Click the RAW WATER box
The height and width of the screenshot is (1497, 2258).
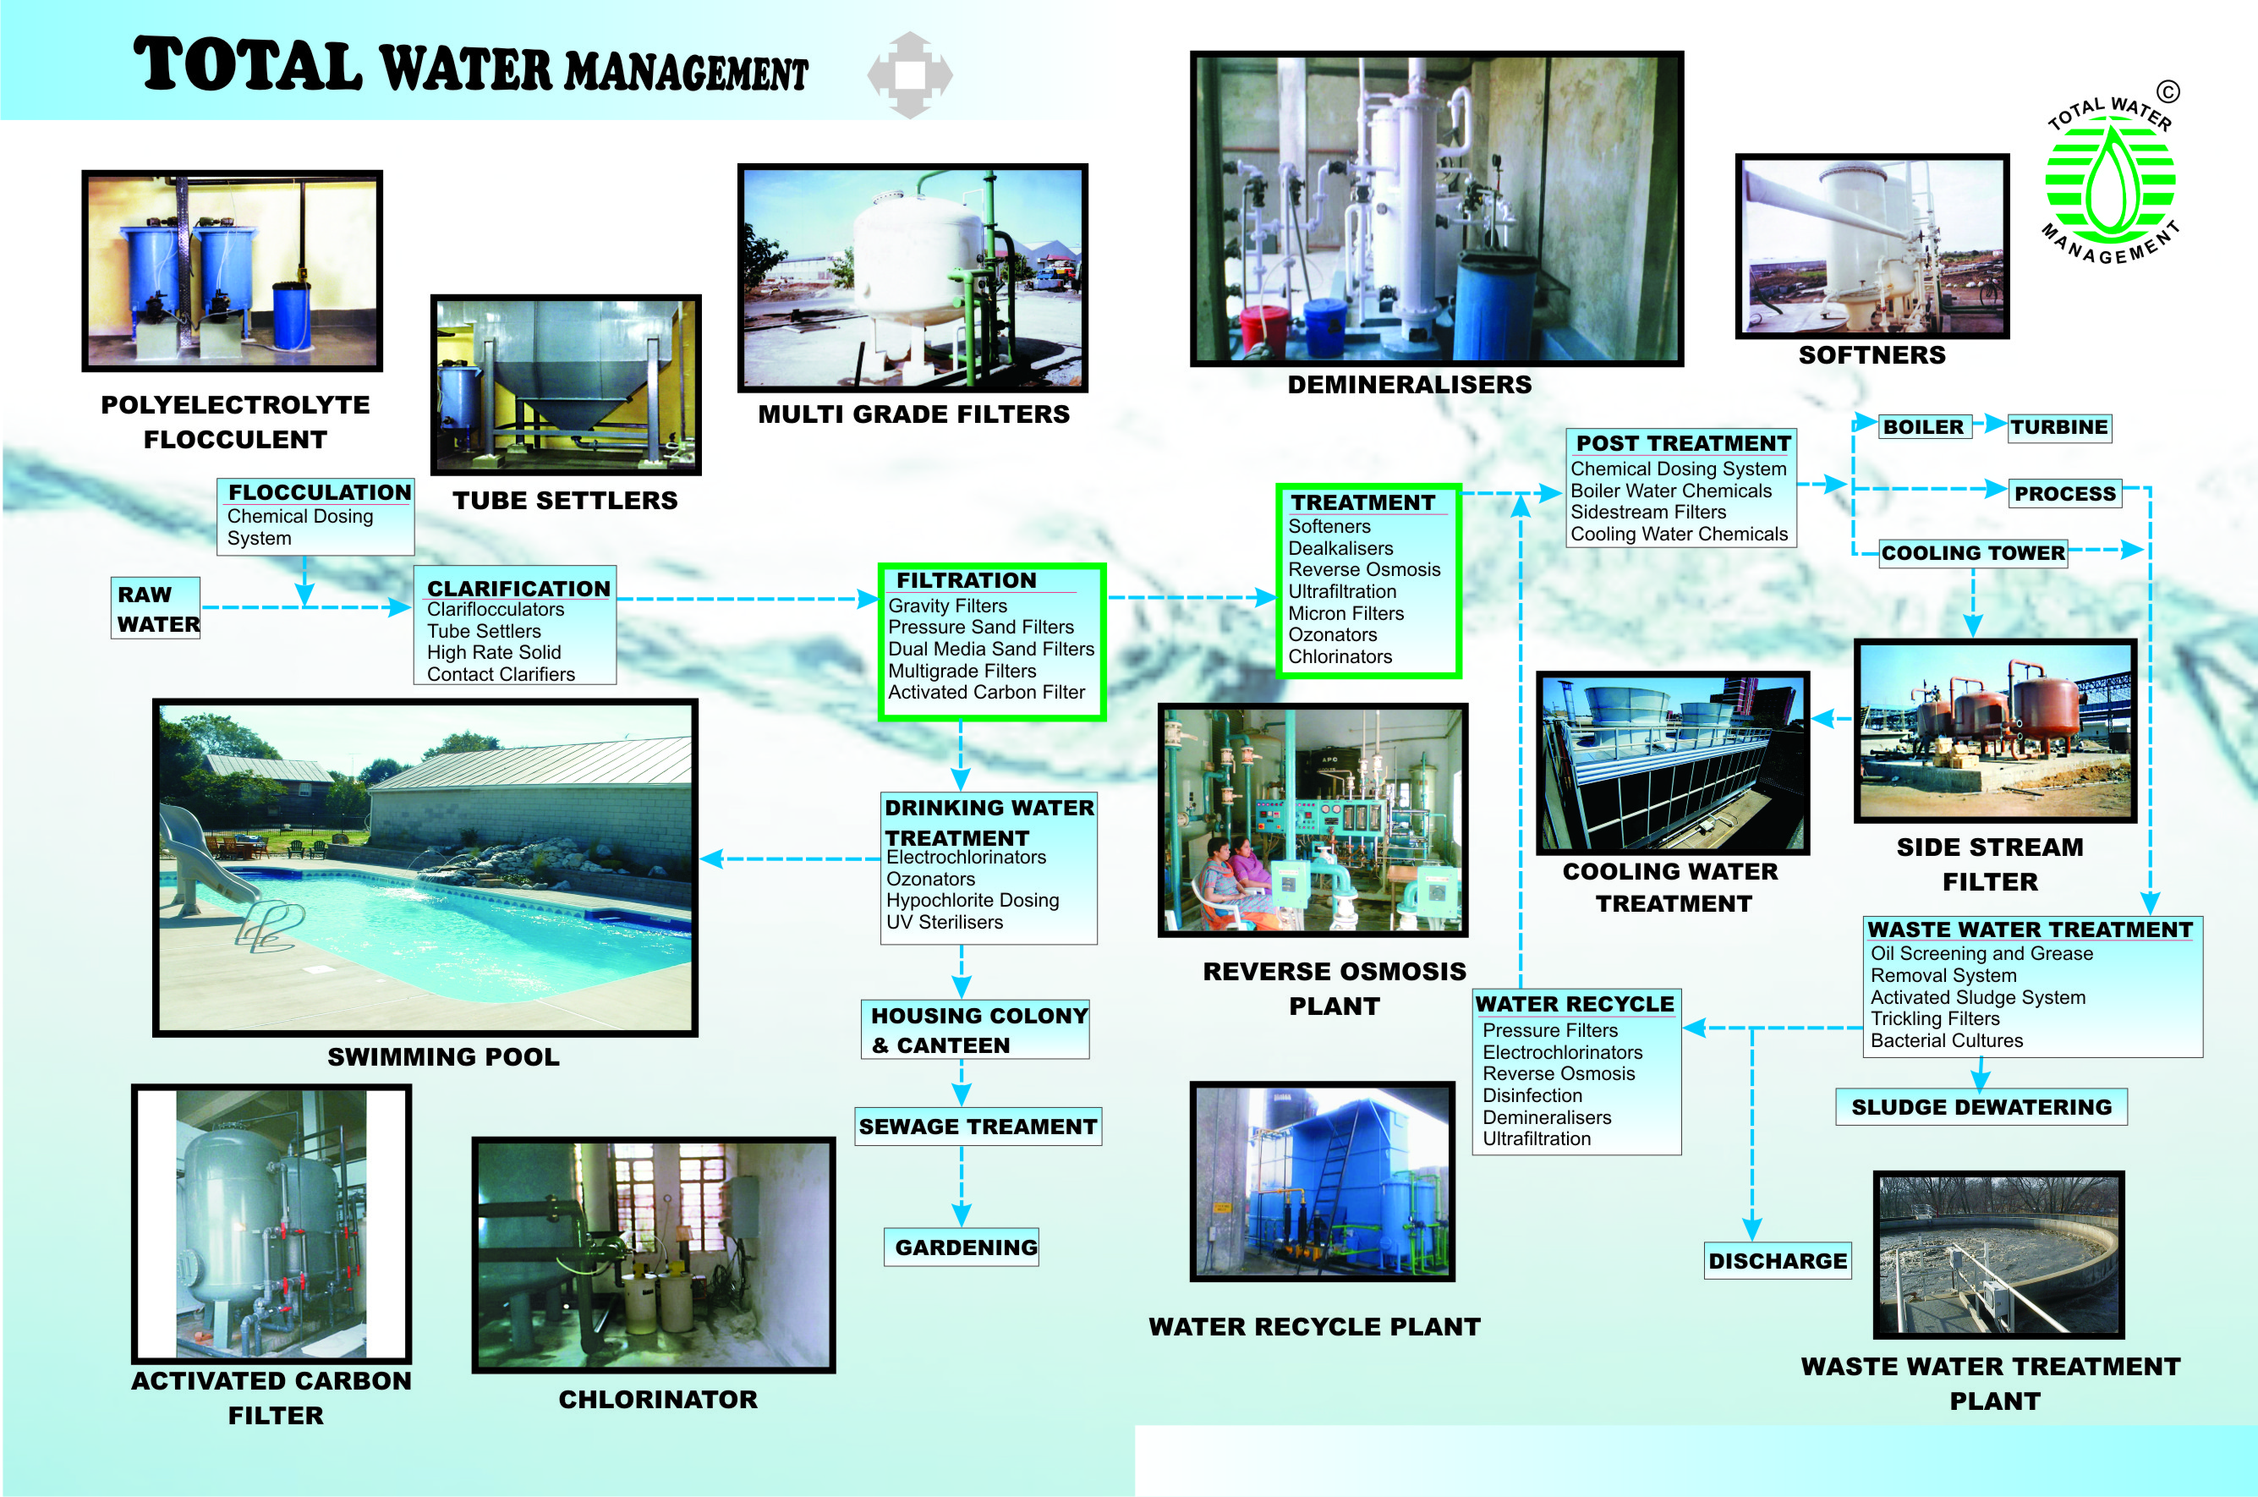(x=156, y=608)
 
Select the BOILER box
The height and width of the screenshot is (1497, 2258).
(x=1924, y=427)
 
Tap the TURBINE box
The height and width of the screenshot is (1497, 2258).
(x=2059, y=427)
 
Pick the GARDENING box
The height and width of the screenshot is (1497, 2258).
(x=961, y=1247)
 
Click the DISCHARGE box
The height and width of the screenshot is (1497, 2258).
(x=1778, y=1261)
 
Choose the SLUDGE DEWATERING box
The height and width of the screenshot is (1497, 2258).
(x=1982, y=1107)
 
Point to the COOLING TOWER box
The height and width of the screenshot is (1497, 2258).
(x=1974, y=553)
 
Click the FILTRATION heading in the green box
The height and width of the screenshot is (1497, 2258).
(x=966, y=580)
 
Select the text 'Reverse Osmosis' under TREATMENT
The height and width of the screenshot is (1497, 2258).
(x=1364, y=570)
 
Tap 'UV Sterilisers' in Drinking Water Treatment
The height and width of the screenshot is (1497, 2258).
(x=945, y=922)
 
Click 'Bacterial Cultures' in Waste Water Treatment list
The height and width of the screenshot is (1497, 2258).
(x=1947, y=1040)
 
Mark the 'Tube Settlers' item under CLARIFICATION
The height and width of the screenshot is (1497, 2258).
(x=484, y=631)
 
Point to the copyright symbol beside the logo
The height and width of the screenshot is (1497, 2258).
(x=2168, y=91)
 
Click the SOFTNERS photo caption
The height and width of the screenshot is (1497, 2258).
(x=1872, y=355)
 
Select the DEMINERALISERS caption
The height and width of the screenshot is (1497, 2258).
(x=1410, y=385)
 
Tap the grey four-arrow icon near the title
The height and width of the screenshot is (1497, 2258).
(x=909, y=75)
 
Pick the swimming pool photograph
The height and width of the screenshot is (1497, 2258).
(x=425, y=868)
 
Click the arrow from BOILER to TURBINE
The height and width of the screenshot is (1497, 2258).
(x=1989, y=423)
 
